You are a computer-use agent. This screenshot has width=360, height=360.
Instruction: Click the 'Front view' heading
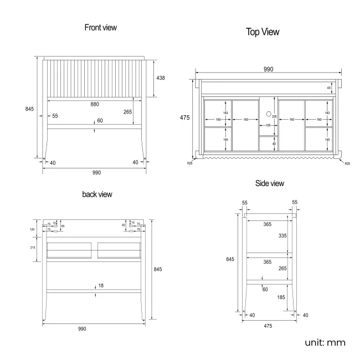(100, 27)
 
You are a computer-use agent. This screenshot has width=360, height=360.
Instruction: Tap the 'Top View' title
(263, 33)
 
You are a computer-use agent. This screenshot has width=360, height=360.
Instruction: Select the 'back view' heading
(97, 194)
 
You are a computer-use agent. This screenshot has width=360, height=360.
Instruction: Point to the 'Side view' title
(270, 184)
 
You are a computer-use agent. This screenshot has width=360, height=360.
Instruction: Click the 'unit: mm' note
(325, 343)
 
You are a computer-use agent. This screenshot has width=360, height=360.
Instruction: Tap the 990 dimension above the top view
(268, 69)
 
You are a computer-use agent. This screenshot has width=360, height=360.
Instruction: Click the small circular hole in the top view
(269, 114)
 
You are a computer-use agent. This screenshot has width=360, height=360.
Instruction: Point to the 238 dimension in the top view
(274, 117)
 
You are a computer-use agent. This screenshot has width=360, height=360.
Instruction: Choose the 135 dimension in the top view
(269, 126)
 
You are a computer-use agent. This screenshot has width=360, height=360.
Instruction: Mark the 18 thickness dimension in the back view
(101, 285)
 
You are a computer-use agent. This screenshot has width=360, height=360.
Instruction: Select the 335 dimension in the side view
(282, 235)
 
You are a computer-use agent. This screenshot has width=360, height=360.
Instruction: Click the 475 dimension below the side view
(268, 326)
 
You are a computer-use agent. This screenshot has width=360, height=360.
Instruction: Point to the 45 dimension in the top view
(329, 88)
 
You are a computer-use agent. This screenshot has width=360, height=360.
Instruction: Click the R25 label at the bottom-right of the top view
(347, 163)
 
